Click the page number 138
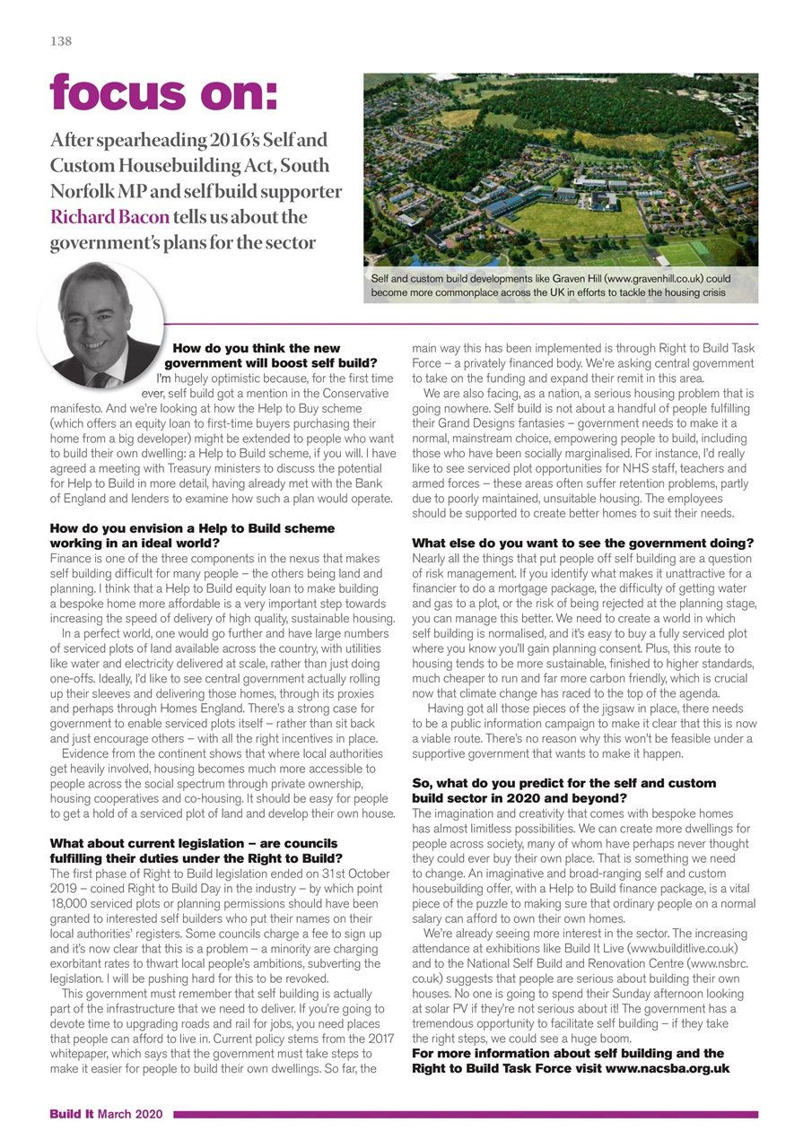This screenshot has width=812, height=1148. coord(61,41)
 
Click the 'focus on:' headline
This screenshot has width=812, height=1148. coord(163,92)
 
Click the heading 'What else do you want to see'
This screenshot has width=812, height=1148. coord(581,544)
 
